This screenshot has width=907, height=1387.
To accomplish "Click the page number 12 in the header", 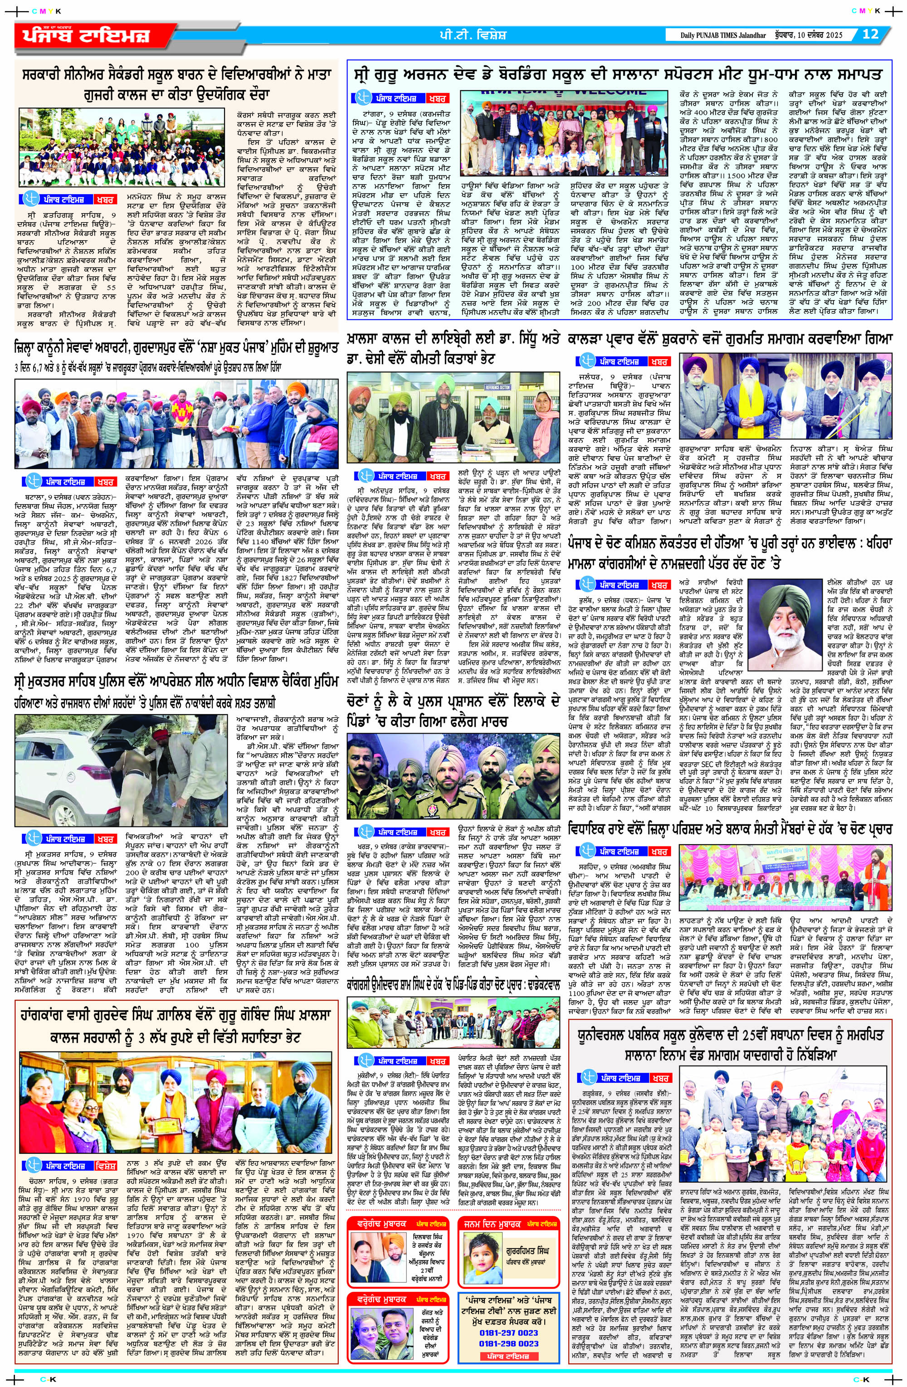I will click(x=870, y=34).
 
